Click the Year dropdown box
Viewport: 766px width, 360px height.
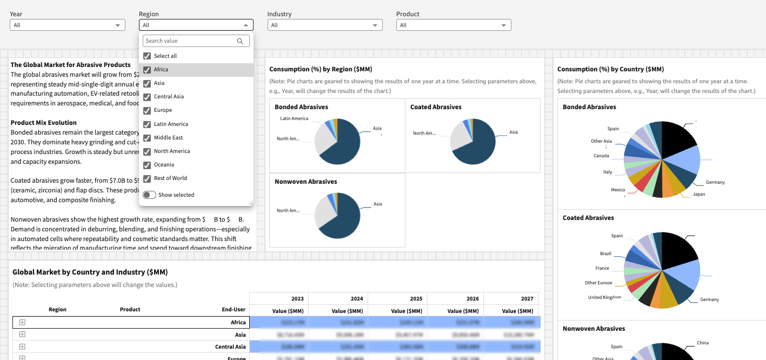click(67, 25)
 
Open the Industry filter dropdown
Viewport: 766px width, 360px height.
click(324, 25)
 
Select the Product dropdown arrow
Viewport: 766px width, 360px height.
click(503, 25)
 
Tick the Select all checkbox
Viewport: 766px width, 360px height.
click(147, 56)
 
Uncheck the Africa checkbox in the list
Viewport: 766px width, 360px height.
click(147, 70)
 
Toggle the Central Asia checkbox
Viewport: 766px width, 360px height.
click(147, 97)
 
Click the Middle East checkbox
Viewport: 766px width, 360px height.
click(147, 138)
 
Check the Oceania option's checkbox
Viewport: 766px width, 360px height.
click(147, 165)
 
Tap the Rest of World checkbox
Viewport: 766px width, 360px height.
click(147, 178)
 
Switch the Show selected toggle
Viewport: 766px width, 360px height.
click(149, 195)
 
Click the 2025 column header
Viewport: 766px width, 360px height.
click(416, 298)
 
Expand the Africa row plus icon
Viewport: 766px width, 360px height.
click(22, 322)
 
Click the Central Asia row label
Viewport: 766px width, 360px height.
click(230, 347)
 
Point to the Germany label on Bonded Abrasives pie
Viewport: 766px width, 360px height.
click(715, 182)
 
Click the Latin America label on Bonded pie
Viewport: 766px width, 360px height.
click(294, 118)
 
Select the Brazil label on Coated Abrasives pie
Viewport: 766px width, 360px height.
click(605, 254)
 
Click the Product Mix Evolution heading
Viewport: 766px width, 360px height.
click(44, 123)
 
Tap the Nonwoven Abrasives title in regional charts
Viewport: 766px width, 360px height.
click(305, 182)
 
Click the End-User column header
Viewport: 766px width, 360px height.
click(234, 310)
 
